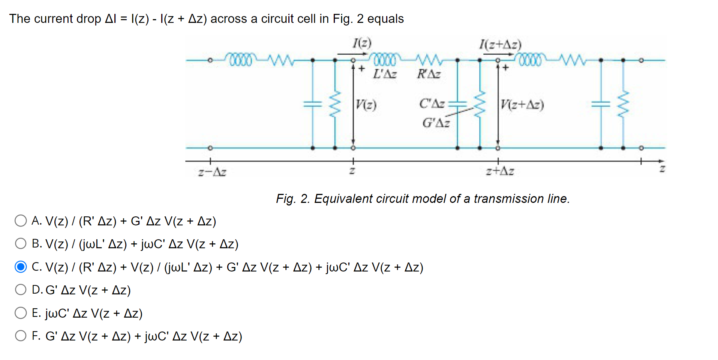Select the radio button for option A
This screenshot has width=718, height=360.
pyautogui.click(x=21, y=220)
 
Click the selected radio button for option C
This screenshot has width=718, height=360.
pyautogui.click(x=21, y=267)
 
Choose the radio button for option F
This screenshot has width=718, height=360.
pyautogui.click(x=21, y=336)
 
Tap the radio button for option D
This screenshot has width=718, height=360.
pyautogui.click(x=21, y=289)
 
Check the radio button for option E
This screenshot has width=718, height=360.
pyautogui.click(x=21, y=313)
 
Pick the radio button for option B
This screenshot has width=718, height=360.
pyautogui.click(x=21, y=244)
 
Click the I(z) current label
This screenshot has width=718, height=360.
pyautogui.click(x=362, y=43)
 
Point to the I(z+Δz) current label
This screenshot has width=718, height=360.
pyautogui.click(x=500, y=45)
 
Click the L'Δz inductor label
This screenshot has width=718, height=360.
pyautogui.click(x=385, y=74)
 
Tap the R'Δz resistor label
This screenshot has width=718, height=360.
pyautogui.click(x=429, y=74)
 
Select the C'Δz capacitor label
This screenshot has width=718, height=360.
pyautogui.click(x=432, y=103)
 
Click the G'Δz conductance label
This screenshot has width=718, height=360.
pyautogui.click(x=436, y=123)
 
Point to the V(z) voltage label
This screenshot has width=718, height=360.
pyautogui.click(x=366, y=104)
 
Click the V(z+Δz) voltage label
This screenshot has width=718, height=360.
pyautogui.click(x=522, y=104)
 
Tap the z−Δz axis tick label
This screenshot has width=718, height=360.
pyautogui.click(x=212, y=172)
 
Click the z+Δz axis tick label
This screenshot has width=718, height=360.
pyautogui.click(x=500, y=171)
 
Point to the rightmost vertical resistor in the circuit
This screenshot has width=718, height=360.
pyautogui.click(x=623, y=104)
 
